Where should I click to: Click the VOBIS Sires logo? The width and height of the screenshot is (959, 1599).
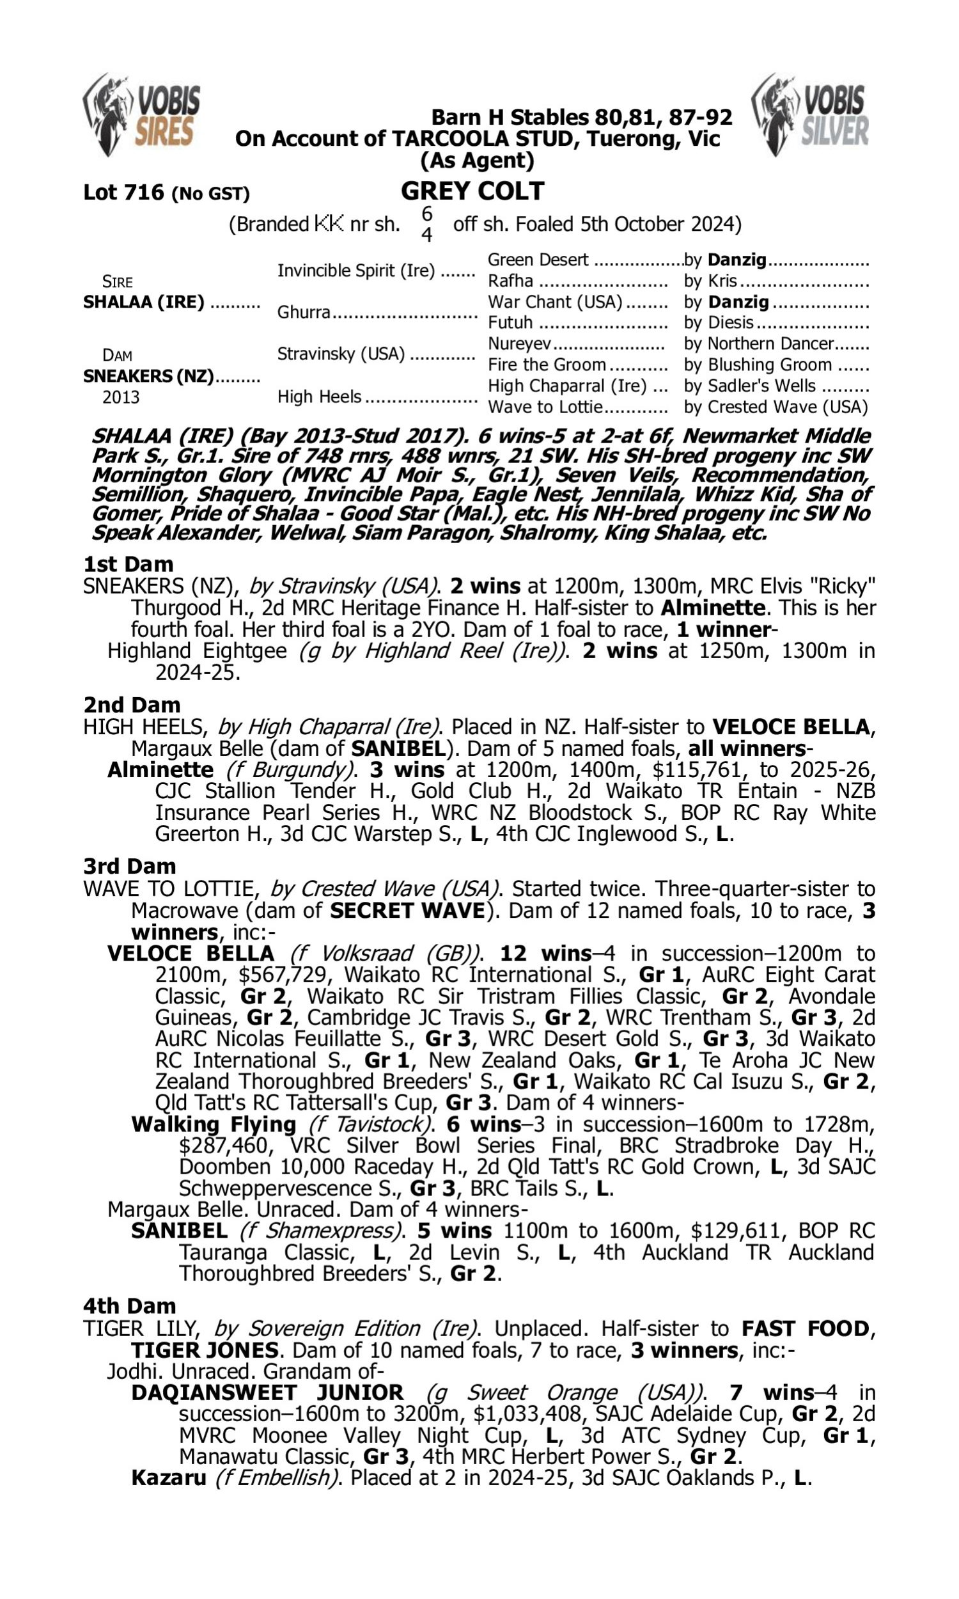click(141, 114)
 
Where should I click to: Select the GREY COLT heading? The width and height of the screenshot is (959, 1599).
click(472, 191)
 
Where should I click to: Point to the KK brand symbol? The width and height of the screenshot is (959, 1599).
click(329, 224)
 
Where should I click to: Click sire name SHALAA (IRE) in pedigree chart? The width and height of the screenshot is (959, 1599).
click(143, 302)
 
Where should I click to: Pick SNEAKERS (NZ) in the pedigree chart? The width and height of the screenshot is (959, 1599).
click(148, 375)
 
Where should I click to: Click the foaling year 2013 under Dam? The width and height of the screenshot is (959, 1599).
click(120, 397)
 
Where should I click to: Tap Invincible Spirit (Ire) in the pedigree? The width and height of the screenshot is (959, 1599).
click(356, 270)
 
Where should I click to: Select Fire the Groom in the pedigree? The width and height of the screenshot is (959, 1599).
click(547, 365)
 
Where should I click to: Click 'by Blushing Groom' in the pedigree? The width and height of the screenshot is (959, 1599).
click(758, 365)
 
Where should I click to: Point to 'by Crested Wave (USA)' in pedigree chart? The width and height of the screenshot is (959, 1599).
click(776, 407)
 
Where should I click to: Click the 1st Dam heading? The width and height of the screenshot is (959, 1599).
click(128, 563)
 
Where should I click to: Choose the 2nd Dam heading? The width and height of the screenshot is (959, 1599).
click(132, 704)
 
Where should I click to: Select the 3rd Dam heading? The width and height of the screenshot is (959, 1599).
click(129, 866)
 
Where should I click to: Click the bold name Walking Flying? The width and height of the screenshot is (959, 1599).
click(214, 1124)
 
